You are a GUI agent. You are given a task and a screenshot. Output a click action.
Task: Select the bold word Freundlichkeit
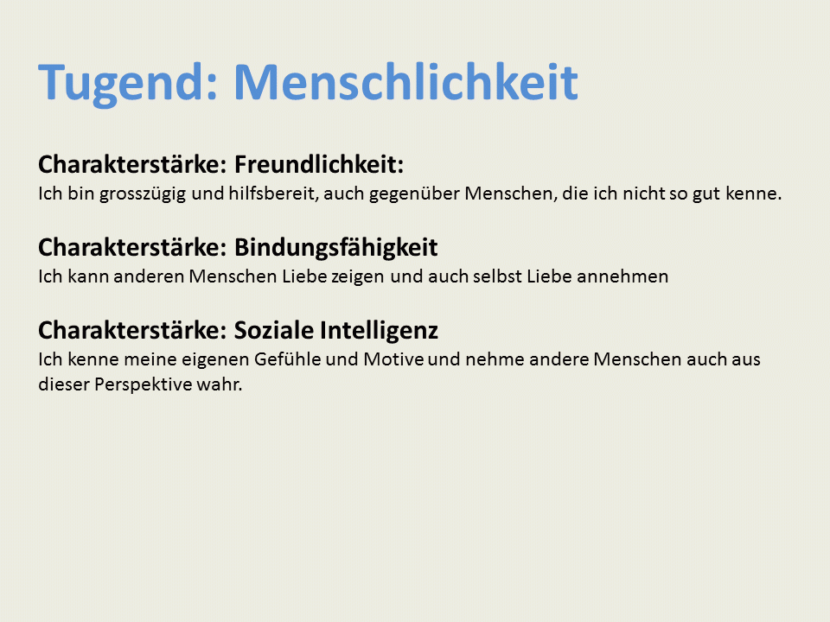[319, 164]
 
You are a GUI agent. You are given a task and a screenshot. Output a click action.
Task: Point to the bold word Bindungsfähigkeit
[335, 248]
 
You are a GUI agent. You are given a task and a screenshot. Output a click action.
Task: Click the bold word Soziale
[274, 330]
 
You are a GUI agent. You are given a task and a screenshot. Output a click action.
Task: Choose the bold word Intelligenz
[380, 331]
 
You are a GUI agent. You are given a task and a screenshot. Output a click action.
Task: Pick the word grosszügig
[143, 194]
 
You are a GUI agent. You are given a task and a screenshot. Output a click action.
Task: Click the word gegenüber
[414, 194]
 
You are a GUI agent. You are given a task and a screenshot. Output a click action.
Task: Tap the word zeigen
[357, 277]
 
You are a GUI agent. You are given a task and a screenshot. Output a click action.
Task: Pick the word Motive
[393, 359]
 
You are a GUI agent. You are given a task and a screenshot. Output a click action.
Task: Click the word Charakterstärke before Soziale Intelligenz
[132, 330]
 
